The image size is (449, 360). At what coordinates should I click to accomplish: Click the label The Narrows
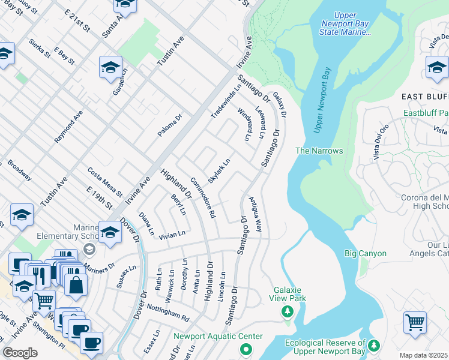click(x=319, y=151)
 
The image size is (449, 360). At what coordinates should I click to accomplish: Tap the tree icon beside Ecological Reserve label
click(x=374, y=345)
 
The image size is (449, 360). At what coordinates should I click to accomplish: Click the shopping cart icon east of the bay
click(x=415, y=323)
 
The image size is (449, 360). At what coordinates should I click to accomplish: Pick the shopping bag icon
click(x=76, y=283)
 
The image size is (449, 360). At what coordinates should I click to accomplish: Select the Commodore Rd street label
click(x=202, y=197)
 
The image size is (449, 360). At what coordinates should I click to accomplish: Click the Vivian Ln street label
click(x=172, y=235)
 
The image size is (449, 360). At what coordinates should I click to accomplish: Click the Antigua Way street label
click(x=256, y=214)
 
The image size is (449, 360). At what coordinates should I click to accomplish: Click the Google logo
click(x=20, y=353)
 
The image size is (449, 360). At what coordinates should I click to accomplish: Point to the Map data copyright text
click(x=424, y=355)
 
